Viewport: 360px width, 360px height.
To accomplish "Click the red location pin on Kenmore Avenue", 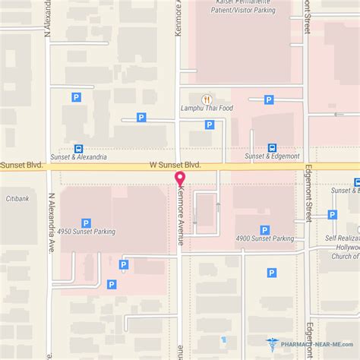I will point(180,179).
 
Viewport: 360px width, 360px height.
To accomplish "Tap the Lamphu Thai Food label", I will point(205,109).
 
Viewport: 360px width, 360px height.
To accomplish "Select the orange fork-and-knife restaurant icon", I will point(205,99).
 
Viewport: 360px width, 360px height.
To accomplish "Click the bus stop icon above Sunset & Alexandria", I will point(79,149).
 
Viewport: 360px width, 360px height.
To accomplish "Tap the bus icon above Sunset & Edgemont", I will point(272,148).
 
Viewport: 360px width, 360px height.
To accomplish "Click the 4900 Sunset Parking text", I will point(265,238).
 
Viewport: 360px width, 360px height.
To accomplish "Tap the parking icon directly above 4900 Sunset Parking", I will point(264,229).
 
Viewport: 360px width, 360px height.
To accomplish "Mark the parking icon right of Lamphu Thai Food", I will point(268,99).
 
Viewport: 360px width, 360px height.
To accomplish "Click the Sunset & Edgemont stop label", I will point(272,157).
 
